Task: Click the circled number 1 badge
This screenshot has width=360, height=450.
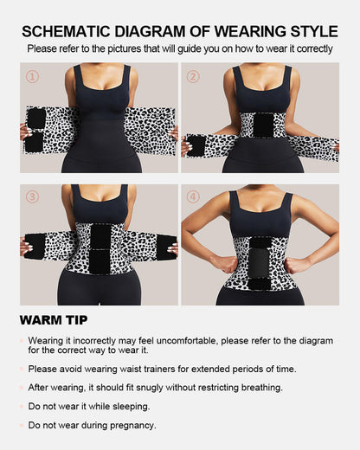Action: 32,76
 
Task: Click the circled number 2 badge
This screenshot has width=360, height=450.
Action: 194,76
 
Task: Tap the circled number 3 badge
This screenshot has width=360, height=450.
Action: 32,196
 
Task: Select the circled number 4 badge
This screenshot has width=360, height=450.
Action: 194,196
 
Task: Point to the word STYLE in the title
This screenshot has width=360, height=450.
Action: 307,31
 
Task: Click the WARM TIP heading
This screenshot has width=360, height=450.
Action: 55,320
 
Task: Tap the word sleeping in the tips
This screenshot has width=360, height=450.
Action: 126,406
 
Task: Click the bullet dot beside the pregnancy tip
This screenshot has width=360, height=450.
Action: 22,425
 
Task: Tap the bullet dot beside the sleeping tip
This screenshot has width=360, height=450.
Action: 22,406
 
